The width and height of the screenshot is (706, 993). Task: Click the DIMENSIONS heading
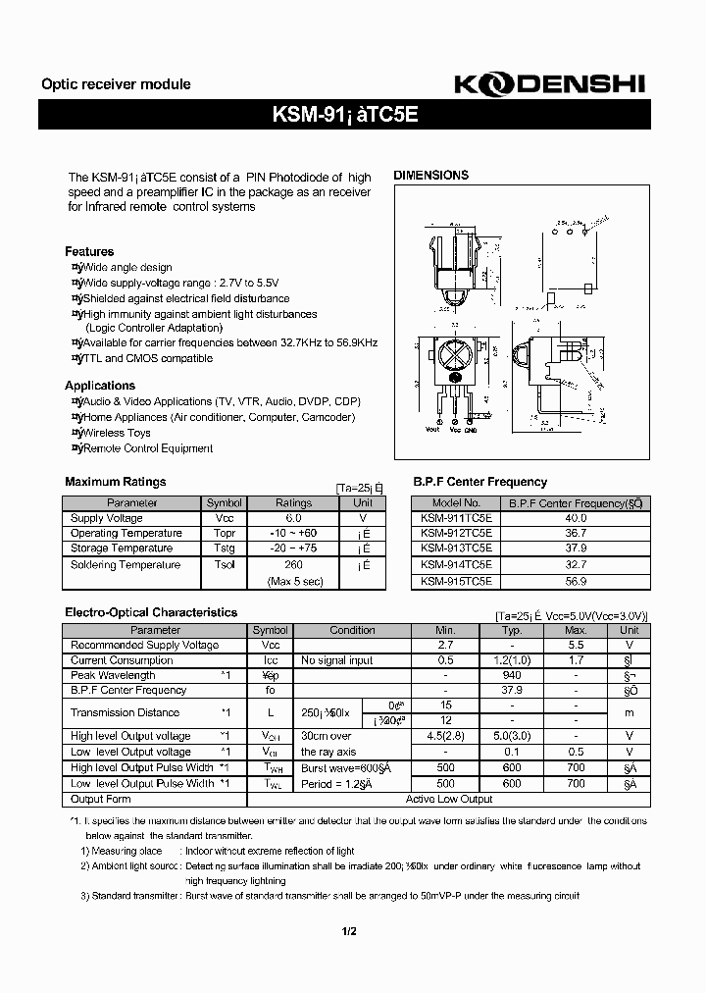430,176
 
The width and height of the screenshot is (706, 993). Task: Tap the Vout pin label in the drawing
431,429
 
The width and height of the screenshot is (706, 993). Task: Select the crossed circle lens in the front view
454,354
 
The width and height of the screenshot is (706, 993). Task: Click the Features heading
89,251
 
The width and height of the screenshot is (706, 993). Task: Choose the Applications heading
100,386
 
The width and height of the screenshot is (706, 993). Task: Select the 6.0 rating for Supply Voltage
293,518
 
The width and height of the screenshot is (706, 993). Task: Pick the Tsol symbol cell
224,565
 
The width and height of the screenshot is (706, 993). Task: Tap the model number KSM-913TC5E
456,549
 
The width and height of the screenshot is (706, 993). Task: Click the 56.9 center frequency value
576,580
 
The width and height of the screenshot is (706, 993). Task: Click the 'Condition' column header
352,630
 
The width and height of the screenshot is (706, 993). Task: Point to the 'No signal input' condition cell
336,660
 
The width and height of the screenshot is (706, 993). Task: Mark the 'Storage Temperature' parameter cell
121,549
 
